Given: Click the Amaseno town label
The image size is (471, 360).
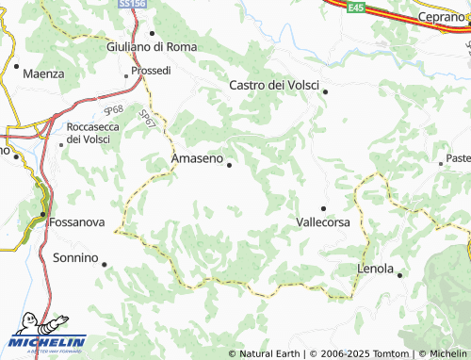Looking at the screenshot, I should [198, 159].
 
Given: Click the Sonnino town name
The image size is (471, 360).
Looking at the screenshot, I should [75, 257].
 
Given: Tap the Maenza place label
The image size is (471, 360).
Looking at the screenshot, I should [44, 73].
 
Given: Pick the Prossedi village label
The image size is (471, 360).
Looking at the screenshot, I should [151, 71].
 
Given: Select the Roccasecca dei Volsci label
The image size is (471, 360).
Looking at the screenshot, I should [89, 133].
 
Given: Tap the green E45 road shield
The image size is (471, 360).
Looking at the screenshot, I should [355, 7].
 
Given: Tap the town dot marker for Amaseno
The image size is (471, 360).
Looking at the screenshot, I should [229, 165].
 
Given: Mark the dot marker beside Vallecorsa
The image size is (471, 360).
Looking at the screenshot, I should [323, 208].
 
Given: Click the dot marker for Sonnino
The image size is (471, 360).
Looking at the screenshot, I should [105, 264].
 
